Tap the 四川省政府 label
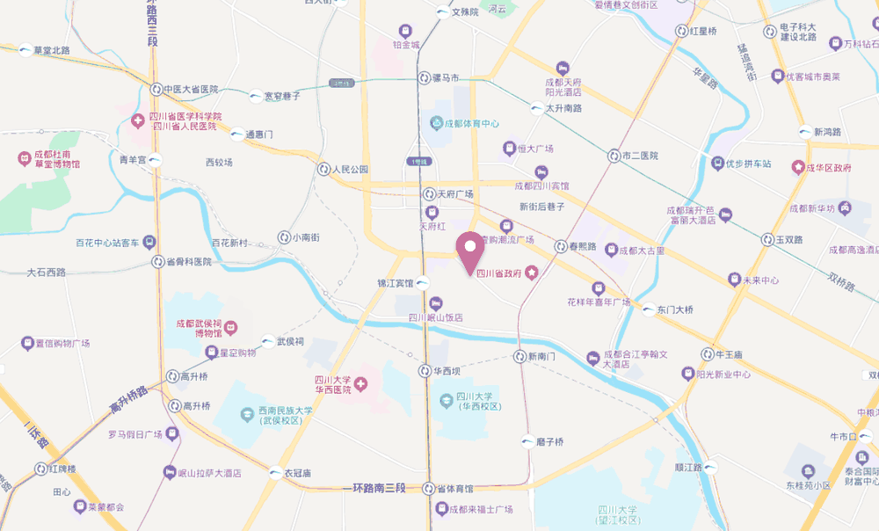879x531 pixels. pos(500,274)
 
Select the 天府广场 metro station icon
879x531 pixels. pos(428,193)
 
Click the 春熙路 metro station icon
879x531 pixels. pos(560,247)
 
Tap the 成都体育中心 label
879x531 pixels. pos(471,124)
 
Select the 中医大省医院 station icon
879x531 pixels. pos(156,90)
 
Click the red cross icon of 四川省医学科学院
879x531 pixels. pos(138,120)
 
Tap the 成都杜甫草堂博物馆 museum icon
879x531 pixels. pos(24,158)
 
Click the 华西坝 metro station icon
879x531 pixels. pos(425,371)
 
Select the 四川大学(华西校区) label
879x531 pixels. pos(479,402)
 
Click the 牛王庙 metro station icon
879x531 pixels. pos(708,354)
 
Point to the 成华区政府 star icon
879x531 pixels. pos(798,166)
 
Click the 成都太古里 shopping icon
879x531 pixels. pos(612,251)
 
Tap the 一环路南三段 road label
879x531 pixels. pos(377,488)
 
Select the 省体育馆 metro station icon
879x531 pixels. pos(426,489)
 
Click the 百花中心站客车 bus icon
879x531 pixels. pos(150,242)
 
